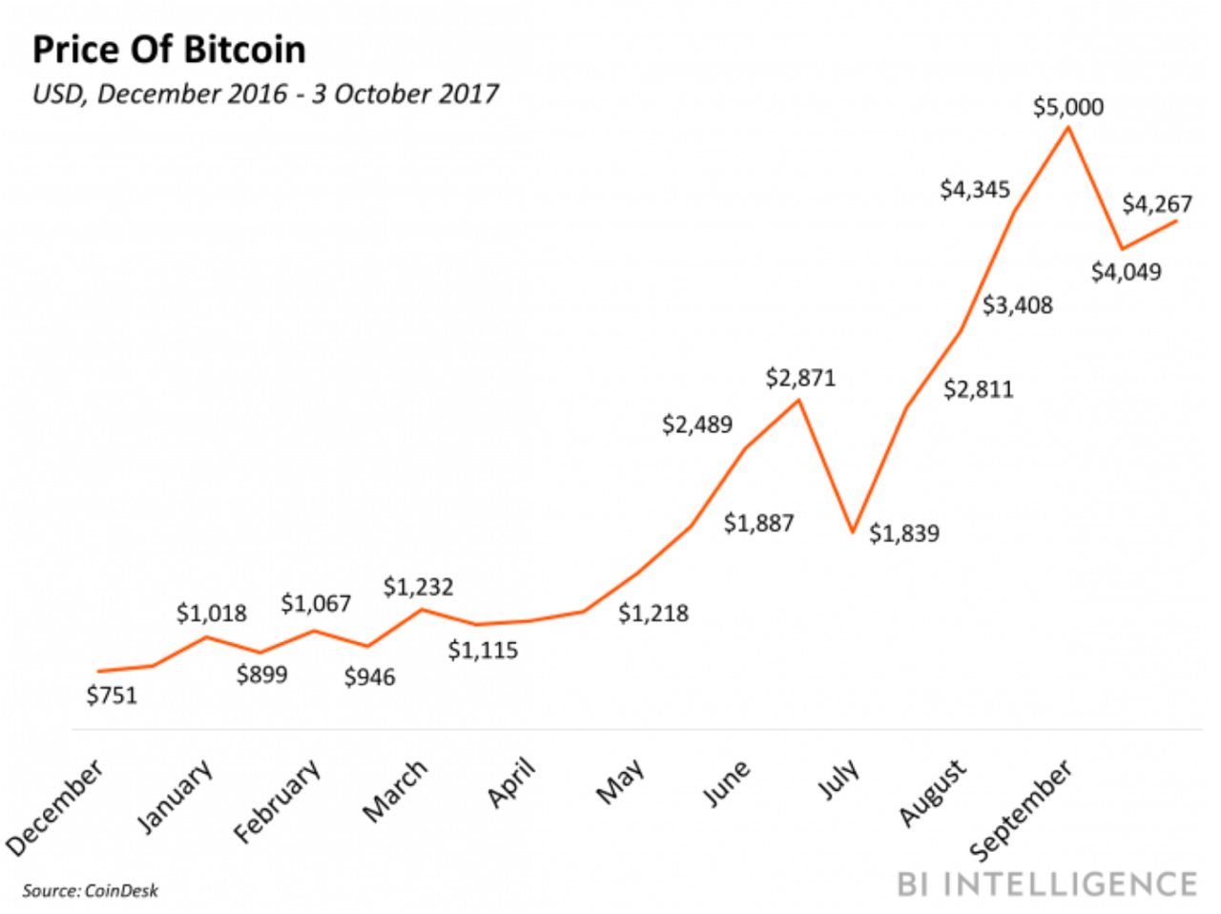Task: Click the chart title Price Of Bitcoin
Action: point(169,50)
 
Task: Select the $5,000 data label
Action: point(1067,107)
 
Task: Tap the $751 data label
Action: point(112,696)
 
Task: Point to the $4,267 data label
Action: point(1156,204)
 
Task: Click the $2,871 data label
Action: point(800,378)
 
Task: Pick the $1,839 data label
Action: point(903,533)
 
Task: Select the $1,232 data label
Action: point(418,587)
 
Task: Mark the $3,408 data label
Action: point(1018,305)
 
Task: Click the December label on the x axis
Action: point(54,807)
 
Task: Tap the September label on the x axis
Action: point(1021,810)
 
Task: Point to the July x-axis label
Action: point(838,779)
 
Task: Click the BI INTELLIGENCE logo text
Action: point(1046,883)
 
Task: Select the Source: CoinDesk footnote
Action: point(90,891)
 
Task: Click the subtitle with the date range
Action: point(265,93)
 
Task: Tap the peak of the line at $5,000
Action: point(1068,127)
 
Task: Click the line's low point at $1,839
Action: point(854,531)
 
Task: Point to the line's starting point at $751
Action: point(98,672)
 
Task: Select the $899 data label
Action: point(262,675)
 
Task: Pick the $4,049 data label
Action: point(1127,272)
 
